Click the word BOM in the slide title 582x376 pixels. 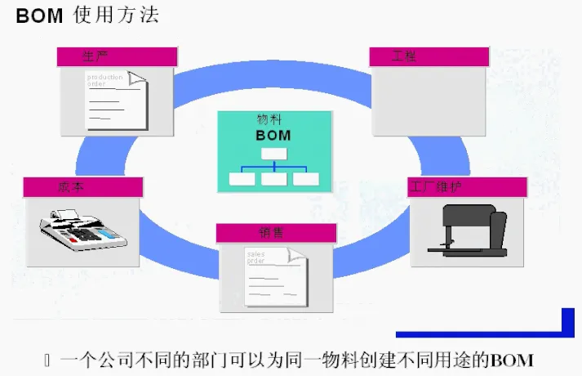(x=39, y=16)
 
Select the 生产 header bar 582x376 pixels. (x=117, y=56)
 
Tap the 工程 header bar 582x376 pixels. (x=429, y=56)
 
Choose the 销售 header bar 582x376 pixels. (x=276, y=233)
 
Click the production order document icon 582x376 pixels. (x=117, y=99)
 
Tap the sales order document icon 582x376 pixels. (x=275, y=275)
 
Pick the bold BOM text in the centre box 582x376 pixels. (x=273, y=136)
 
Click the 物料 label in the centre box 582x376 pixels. (x=269, y=119)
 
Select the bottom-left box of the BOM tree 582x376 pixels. (x=242, y=178)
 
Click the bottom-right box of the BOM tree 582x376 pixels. (x=305, y=178)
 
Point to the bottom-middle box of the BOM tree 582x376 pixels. (x=273, y=178)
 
